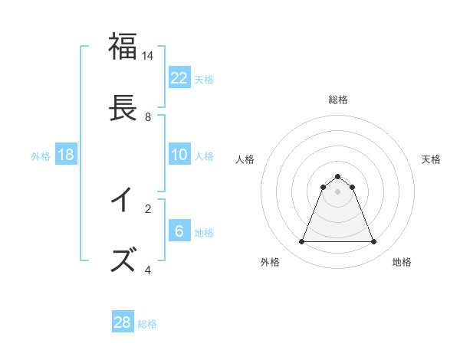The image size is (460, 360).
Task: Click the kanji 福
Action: [x=123, y=46]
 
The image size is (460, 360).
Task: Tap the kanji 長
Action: [x=123, y=108]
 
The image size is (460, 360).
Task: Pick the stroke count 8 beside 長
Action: [x=148, y=117]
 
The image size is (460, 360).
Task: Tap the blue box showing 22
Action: [x=179, y=78]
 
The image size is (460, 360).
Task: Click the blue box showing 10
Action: [x=179, y=155]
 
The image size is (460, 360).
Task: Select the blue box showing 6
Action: [x=179, y=231]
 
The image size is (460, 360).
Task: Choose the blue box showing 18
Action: [x=66, y=155]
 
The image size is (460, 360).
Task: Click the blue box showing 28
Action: [x=123, y=322]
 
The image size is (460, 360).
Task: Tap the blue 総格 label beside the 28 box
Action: [x=147, y=324]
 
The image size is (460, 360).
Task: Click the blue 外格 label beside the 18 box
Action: [x=41, y=156]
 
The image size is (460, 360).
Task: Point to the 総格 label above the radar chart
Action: [x=337, y=100]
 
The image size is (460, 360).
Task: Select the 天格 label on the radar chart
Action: [x=431, y=159]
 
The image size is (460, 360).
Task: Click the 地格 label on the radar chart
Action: [x=402, y=262]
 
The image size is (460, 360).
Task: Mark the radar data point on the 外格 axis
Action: [x=301, y=242]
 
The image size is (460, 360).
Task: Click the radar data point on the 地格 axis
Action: [x=374, y=242]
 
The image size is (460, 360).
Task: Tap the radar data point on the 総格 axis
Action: [x=337, y=177]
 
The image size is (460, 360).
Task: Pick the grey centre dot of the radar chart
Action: [x=337, y=191]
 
